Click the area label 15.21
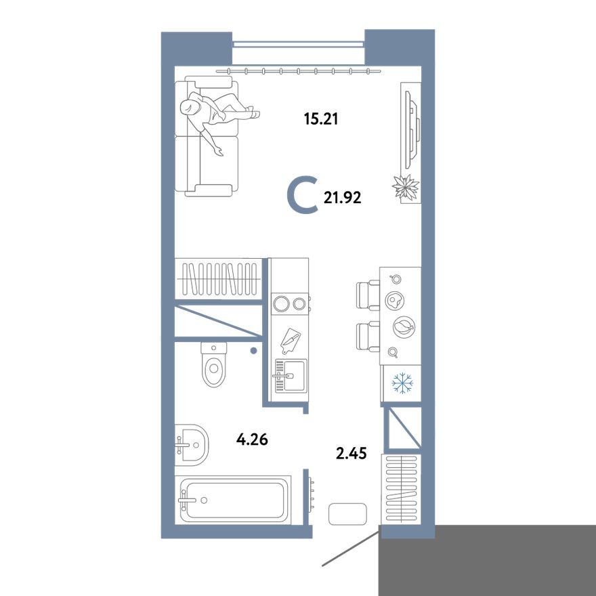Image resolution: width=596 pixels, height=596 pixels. point(320,120)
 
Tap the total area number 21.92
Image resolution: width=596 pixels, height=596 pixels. point(343,198)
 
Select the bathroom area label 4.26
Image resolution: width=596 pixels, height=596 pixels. point(252,440)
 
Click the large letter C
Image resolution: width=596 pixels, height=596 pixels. point(302,196)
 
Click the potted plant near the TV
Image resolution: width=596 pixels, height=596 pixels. point(406,187)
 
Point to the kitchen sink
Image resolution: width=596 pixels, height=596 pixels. point(289,375)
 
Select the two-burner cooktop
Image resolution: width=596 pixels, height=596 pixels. point(289,303)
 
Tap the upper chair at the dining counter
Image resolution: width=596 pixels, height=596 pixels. point(367,295)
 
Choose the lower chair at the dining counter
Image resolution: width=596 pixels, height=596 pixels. point(367,335)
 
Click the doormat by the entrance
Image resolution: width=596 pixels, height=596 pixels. point(347,514)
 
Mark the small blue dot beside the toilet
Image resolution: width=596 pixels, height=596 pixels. point(253,351)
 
